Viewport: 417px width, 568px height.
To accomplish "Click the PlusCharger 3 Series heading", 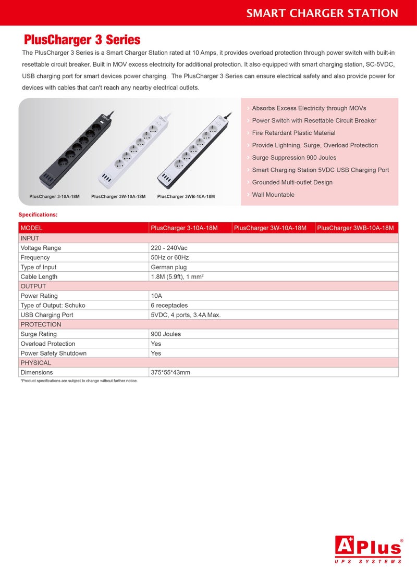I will pyautogui.click(x=82, y=40).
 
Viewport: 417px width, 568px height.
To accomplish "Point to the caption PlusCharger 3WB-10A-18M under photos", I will pyautogui.click(x=186, y=197).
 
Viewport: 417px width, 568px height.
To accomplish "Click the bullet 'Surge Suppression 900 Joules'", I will pyautogui.click(x=294, y=158).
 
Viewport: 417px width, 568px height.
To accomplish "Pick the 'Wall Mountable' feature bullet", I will pyautogui.click(x=273, y=195).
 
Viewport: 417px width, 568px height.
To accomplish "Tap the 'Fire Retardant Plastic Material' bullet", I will pyautogui.click(x=293, y=133).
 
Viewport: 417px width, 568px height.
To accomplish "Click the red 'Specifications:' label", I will pyautogui.click(x=38, y=214).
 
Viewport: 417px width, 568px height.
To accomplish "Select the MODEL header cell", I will pyautogui.click(x=32, y=228).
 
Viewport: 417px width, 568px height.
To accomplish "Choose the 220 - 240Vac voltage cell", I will pyautogui.click(x=168, y=248).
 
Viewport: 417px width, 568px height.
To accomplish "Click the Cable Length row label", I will pyautogui.click(x=39, y=277).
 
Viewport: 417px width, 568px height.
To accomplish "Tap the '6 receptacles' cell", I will pyautogui.click(x=169, y=306).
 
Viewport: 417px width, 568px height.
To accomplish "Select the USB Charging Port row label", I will pyautogui.click(x=47, y=315).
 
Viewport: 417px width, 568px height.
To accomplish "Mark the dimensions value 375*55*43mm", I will pyautogui.click(x=170, y=373).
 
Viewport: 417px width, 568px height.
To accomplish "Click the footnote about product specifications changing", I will pyautogui.click(x=79, y=381).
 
